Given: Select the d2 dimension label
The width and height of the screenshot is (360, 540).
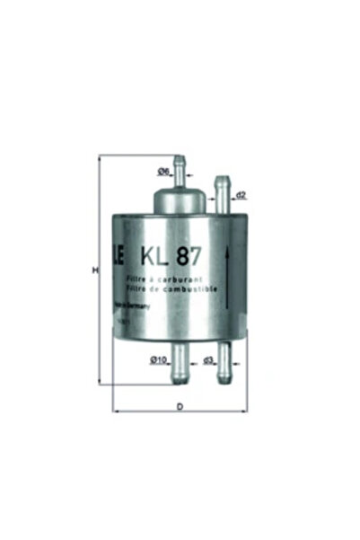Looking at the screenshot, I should [241, 194].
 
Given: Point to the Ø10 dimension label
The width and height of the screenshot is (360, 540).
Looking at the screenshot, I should [159, 359].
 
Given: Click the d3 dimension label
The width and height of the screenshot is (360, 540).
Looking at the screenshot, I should [207, 360].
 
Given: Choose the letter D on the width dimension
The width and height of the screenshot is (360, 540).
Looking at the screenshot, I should [180, 407].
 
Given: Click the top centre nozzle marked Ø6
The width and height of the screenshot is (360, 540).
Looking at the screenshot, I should [180, 165].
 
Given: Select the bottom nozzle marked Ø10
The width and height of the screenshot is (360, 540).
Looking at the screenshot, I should [180, 364].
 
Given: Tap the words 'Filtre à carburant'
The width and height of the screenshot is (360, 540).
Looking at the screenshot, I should [163, 283].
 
